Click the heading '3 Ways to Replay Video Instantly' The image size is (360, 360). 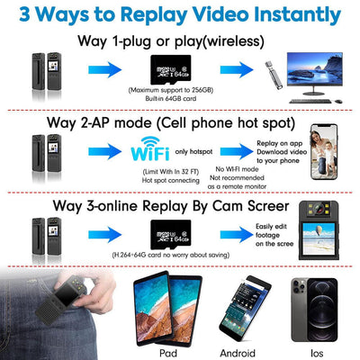pos(180,15)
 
